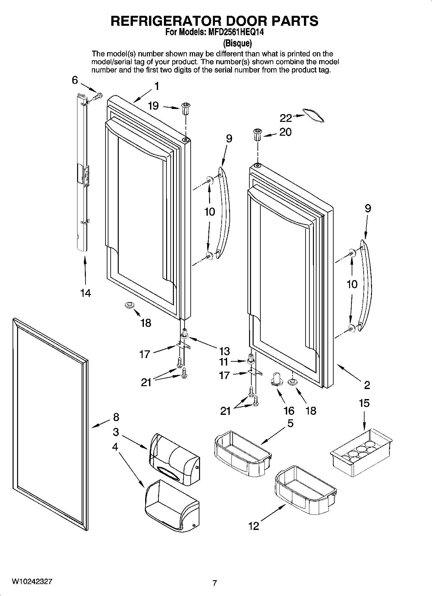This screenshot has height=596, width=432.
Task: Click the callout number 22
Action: [286, 118]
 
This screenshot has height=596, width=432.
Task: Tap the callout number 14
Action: [86, 293]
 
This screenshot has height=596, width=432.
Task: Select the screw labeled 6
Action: [98, 96]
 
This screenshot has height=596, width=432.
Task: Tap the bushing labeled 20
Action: [257, 134]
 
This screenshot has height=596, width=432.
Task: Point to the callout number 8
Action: [116, 417]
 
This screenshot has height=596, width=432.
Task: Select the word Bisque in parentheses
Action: [237, 43]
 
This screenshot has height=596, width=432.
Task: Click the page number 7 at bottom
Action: [215, 583]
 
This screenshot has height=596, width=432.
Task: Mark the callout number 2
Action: [367, 385]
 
